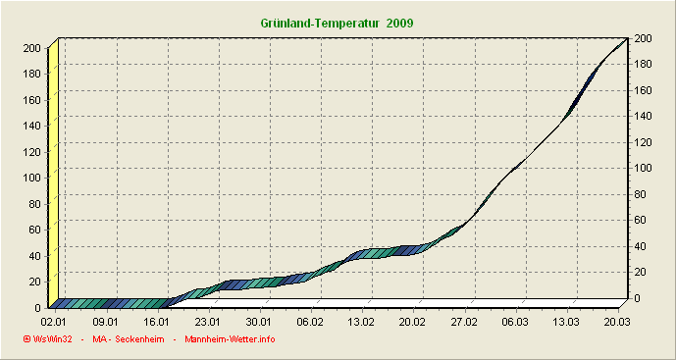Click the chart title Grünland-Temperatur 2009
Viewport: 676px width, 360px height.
coord(338,22)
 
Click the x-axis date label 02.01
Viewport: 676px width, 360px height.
coord(54,321)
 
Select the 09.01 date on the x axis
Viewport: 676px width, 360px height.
coord(105,321)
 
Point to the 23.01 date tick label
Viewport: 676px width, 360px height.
coord(207,321)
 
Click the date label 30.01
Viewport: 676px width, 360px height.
coord(258,321)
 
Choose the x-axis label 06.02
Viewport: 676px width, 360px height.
coord(310,321)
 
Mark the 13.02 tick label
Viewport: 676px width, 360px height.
coord(361,321)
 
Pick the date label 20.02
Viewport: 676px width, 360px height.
coord(412,321)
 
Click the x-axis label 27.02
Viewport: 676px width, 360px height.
coord(463,321)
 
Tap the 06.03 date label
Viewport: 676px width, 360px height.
coord(514,321)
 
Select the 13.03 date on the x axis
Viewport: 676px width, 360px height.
coord(566,321)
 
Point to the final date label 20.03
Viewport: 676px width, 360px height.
coord(617,321)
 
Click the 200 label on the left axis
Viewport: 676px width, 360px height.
coord(31,48)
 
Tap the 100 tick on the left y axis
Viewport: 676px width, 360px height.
coord(31,178)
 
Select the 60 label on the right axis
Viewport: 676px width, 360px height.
coord(641,220)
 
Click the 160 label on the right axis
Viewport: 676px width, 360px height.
coord(644,90)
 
